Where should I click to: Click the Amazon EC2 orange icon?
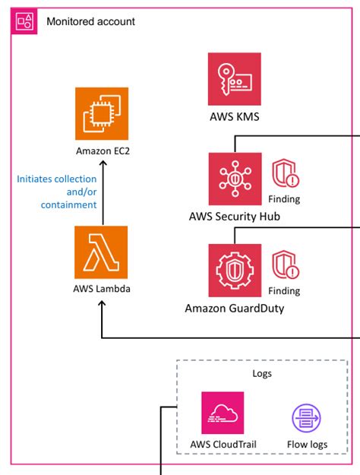(102, 113)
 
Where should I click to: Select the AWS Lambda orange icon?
(102, 252)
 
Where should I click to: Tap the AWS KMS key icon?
(235, 79)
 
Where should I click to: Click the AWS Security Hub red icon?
(235, 179)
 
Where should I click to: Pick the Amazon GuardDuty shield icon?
(235, 270)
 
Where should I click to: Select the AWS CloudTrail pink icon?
(223, 413)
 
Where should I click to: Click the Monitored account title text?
(90, 22)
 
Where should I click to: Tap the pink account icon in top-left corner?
(25, 22)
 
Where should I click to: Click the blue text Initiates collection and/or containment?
(57, 192)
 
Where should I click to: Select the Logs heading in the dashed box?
(262, 374)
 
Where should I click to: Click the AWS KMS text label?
(235, 118)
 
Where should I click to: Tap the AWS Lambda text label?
(102, 289)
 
